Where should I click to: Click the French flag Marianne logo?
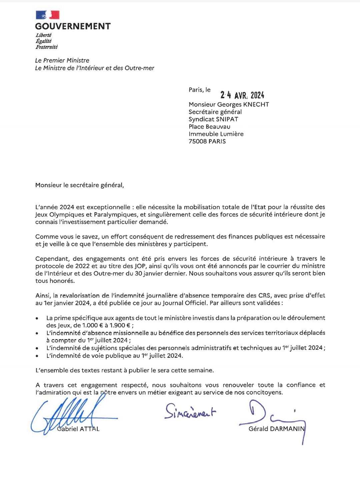coord(47,15)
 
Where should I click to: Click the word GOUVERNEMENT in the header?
coord(73,26)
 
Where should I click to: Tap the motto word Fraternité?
coord(47,47)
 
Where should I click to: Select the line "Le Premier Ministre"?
coord(62,60)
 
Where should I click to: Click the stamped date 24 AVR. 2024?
coord(242,95)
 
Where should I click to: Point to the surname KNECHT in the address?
coord(256,105)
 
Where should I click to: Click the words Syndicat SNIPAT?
coord(213,119)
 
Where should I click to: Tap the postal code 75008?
coord(198,141)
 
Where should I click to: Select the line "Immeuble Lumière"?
coord(216,134)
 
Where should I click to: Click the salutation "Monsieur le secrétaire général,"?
coord(80,185)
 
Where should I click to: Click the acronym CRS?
coord(264,295)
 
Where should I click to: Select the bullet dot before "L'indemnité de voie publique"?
coord(37,356)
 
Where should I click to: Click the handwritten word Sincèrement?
coord(190,412)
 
